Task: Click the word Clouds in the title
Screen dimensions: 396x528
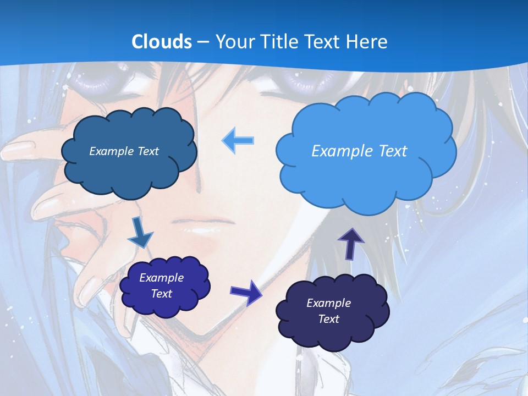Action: click(162, 41)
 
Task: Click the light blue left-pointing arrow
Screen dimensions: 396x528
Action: click(238, 140)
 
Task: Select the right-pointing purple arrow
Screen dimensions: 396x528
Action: click(246, 292)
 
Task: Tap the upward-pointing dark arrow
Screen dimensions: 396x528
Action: click(351, 243)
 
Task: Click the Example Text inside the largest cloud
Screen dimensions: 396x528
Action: click(359, 151)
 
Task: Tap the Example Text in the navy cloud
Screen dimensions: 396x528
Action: click(328, 311)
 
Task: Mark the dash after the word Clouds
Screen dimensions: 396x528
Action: click(204, 42)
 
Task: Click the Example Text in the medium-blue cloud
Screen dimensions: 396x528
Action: click(124, 151)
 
